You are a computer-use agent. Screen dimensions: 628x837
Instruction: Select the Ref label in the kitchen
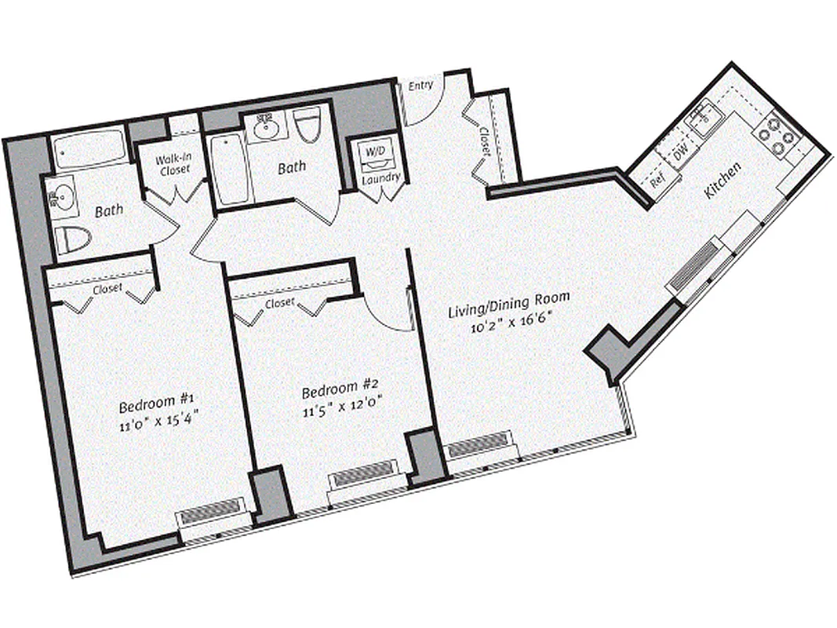click(x=657, y=180)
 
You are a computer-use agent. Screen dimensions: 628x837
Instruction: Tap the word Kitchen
click(x=722, y=180)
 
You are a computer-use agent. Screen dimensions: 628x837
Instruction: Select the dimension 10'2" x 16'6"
click(x=508, y=323)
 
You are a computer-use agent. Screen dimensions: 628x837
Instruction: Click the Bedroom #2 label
click(x=340, y=389)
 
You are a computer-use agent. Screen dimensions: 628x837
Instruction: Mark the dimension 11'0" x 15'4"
click(x=158, y=426)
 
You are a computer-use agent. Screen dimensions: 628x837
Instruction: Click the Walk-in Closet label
click(x=175, y=164)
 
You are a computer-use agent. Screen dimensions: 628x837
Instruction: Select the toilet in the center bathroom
click(x=308, y=125)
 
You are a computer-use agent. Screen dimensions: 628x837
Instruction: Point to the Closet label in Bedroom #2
click(x=280, y=302)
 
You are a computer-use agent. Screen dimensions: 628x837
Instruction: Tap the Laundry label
click(x=381, y=178)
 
